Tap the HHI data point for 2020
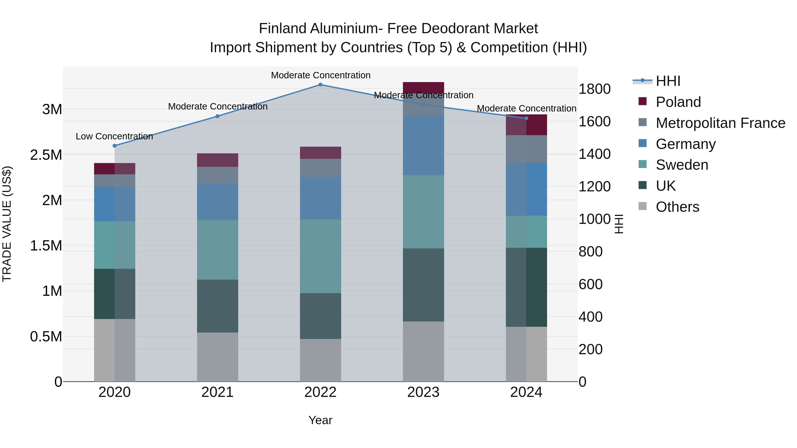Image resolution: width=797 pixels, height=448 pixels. [114, 146]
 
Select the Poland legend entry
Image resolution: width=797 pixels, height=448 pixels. [678, 102]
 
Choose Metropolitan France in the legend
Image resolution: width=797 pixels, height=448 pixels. [720, 123]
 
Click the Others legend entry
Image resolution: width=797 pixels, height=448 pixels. [677, 207]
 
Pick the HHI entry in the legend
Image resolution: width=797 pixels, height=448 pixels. [668, 81]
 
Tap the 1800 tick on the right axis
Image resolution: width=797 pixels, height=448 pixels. [594, 89]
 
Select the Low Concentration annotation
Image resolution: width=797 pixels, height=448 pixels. [114, 136]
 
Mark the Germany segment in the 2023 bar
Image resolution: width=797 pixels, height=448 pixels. [423, 145]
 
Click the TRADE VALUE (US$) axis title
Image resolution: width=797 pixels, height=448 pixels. [7, 224]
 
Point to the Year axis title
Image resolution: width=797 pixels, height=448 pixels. [320, 420]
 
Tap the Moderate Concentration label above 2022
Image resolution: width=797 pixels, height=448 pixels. [321, 75]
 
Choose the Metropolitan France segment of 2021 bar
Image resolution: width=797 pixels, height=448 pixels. [217, 175]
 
